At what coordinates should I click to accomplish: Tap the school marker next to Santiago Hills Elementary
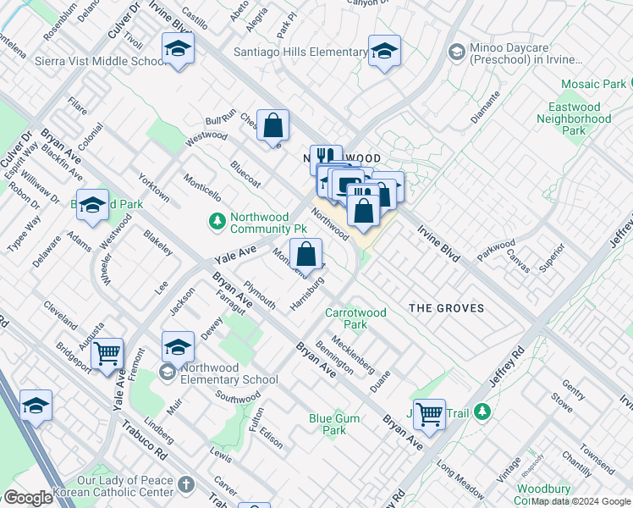click(384, 52)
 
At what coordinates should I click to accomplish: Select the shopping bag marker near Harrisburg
click(306, 253)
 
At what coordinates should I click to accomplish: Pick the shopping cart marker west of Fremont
click(107, 354)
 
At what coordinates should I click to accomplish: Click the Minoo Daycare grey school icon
click(456, 52)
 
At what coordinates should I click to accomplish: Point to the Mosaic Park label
click(596, 84)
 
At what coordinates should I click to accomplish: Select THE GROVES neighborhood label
click(447, 308)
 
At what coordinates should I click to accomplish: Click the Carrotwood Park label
click(355, 318)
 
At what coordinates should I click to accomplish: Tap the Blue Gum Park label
click(333, 424)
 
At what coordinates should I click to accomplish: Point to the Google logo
click(28, 498)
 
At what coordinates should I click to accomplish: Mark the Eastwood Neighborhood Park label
click(579, 119)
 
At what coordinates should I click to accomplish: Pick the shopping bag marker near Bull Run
click(273, 126)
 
